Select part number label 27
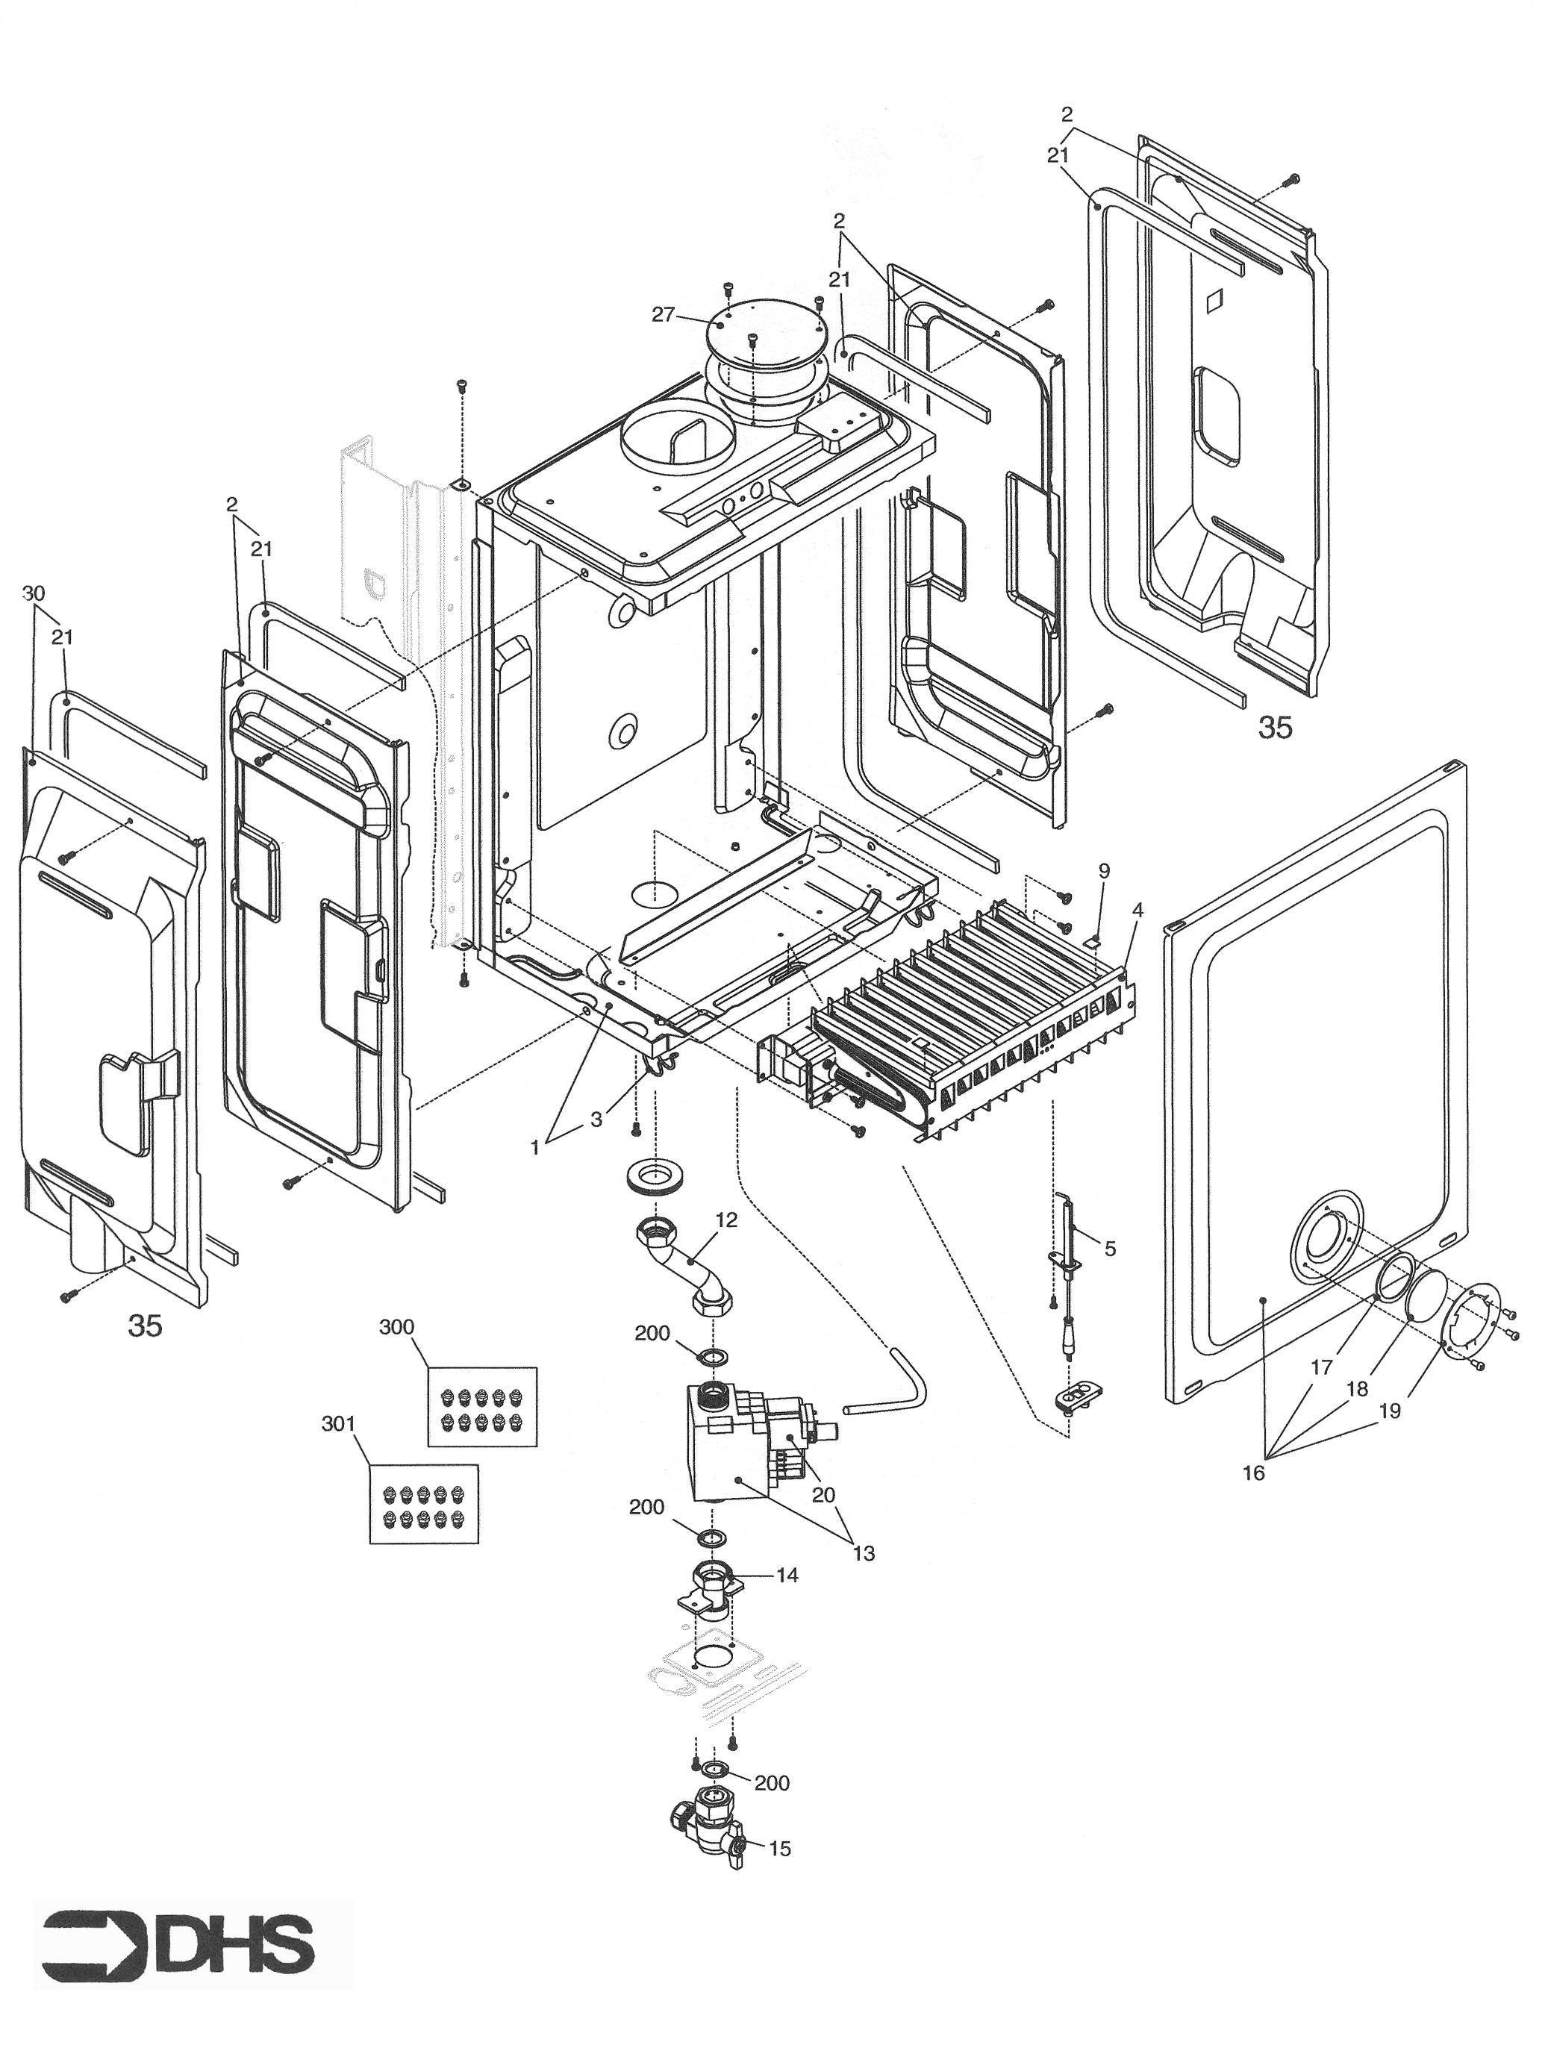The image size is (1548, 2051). [664, 315]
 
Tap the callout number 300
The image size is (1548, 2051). [397, 1328]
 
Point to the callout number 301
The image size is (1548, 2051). [339, 1424]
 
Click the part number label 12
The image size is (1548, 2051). [726, 1221]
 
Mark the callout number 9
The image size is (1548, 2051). [1104, 871]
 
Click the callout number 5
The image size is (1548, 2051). [1109, 1249]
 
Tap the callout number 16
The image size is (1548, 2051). [1253, 1473]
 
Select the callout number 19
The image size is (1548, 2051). [1390, 1411]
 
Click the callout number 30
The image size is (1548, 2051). [34, 593]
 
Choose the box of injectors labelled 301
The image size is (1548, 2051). [423, 1503]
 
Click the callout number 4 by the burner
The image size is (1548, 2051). [1138, 911]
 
